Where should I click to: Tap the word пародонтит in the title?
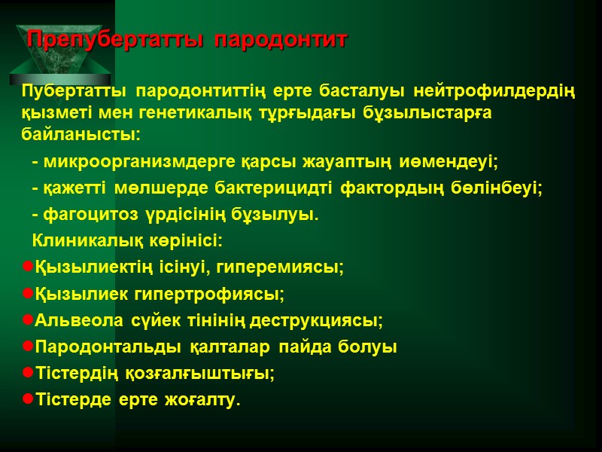coord(281,40)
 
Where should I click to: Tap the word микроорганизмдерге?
coord(141,162)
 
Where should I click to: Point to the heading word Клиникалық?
coord(82,242)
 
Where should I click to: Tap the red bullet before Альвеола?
coord(28,321)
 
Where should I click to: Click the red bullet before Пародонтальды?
coord(28,347)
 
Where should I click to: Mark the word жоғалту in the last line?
coord(206,400)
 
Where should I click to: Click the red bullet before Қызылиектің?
coord(28,267)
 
